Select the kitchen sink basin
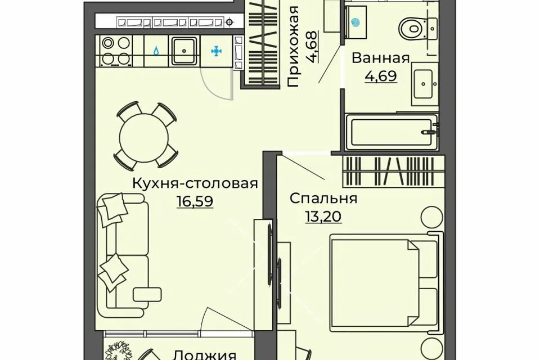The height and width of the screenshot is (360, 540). coord(184,51)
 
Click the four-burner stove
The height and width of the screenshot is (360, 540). coord(116,51)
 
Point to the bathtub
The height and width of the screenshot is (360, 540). coord(392,132)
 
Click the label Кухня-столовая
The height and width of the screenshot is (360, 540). coord(195,183)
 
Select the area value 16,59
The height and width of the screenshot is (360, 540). coord(195,201)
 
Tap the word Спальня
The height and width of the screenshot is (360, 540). coord(323,199)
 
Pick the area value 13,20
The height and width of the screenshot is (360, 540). coord(323,217)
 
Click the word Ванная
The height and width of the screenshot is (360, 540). coord(381,58)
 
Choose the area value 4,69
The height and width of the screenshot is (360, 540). coord(381,76)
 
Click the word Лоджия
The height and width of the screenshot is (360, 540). coord(205,354)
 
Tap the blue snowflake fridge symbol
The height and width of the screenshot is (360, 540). coord(216,52)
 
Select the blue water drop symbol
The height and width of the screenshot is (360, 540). coord(156,51)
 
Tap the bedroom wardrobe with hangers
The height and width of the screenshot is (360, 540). coord(389,171)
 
